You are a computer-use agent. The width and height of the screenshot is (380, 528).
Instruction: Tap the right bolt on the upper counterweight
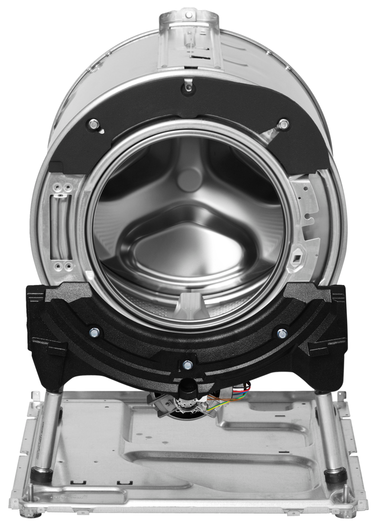click(x=284, y=124)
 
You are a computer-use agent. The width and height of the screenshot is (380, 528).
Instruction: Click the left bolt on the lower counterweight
click(x=95, y=332)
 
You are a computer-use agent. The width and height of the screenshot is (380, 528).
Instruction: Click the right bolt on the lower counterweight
click(x=282, y=333)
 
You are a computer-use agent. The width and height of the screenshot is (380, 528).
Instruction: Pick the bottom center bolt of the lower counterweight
click(x=187, y=364)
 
